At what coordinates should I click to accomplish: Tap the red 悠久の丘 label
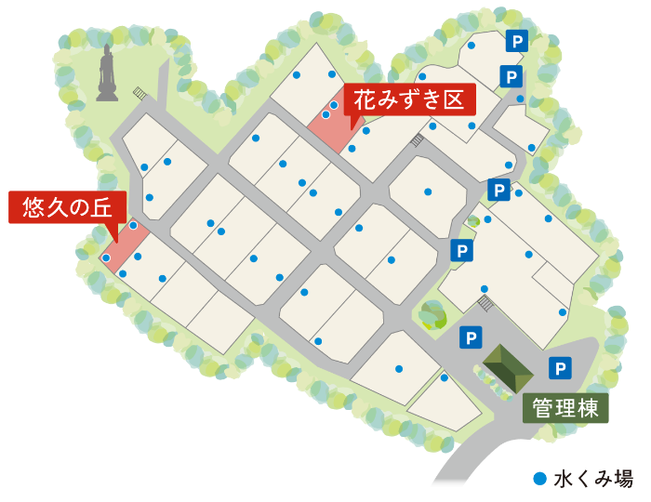[67, 206]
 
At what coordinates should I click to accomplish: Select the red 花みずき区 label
[409, 99]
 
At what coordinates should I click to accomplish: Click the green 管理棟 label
[565, 408]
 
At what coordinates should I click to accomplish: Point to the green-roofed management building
[508, 368]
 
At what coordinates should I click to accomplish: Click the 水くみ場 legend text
[593, 479]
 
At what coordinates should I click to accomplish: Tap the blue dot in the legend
[539, 479]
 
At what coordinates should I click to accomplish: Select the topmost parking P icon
[516, 41]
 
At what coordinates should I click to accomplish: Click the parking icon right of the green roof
[560, 368]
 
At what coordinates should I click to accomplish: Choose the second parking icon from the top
[511, 76]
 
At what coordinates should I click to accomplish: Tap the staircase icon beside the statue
[140, 93]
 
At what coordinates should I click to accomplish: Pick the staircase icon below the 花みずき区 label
[418, 140]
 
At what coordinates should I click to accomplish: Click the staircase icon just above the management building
[485, 303]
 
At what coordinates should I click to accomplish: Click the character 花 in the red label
[365, 99]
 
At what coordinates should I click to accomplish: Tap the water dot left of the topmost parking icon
[472, 45]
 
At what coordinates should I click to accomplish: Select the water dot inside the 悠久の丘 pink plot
[106, 258]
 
